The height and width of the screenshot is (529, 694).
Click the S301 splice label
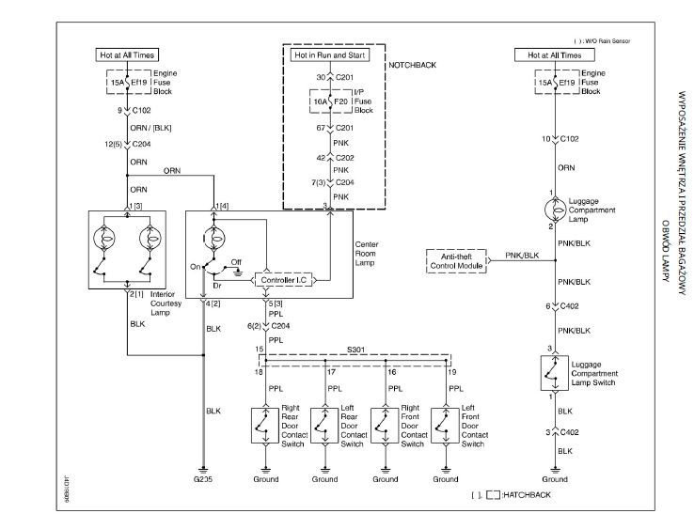pos(357,348)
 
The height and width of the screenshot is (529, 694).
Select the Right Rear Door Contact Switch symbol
pos(264,426)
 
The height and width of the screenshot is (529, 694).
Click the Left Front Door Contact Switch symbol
pos(443,426)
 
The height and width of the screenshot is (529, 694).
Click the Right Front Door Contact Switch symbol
pos(384,426)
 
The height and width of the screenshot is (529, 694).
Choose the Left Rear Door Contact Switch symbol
pos(324,426)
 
